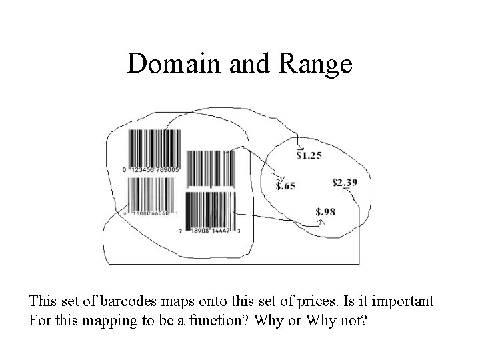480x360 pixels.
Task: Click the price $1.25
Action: [309, 156]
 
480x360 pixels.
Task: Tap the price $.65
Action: [286, 186]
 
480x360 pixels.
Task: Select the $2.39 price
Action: [345, 182]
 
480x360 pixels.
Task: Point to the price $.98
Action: [325, 212]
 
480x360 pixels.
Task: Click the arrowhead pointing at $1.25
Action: [301, 148]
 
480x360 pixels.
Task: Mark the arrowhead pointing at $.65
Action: [280, 178]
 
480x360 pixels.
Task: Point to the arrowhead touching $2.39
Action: [346, 190]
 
